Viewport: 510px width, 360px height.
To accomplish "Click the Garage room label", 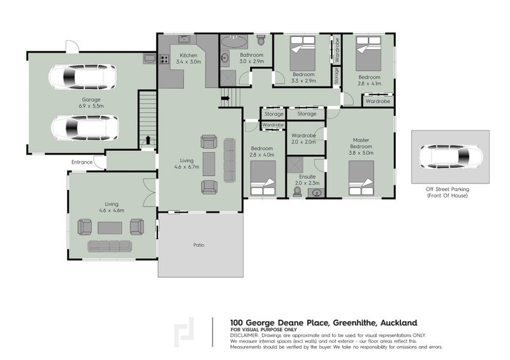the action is pos(91,99).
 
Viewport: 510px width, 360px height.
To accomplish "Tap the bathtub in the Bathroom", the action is pos(234,41).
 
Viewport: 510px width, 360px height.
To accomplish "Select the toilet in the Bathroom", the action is pos(261,40).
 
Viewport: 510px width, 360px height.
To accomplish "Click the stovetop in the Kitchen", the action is pos(164,59).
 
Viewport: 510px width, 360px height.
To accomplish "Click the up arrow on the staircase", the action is pos(148,140).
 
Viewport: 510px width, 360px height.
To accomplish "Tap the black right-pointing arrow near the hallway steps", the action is pos(226,98).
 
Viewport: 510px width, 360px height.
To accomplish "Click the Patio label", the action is pos(199,245).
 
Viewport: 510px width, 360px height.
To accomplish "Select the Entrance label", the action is pos(82,162).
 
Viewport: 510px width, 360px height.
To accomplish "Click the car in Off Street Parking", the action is pos(451,157).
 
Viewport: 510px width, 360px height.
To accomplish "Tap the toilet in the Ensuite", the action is pos(297,192).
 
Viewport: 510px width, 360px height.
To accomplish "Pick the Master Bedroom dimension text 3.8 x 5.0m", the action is pos(361,152).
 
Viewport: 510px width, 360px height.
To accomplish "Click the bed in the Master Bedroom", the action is pos(361,178).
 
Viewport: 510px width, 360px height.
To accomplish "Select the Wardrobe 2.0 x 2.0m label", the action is pos(303,138).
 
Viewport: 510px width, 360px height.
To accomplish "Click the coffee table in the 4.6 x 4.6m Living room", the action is pos(110,228).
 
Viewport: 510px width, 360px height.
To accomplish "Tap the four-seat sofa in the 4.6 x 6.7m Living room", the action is pos(229,161).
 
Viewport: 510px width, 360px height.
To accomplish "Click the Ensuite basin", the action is pos(316,193).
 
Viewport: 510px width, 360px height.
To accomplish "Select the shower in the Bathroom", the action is pos(228,78).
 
